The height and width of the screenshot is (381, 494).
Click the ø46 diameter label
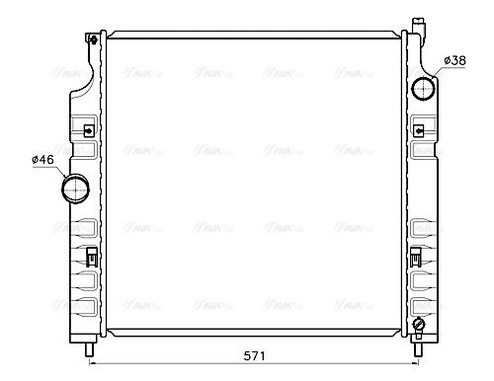[x=41, y=159]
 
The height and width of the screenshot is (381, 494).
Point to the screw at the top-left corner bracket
[x=92, y=39]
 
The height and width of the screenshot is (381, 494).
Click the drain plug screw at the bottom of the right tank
[x=419, y=325]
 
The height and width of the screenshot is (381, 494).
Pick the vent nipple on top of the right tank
[x=419, y=23]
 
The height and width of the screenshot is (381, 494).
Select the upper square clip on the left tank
[x=88, y=130]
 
